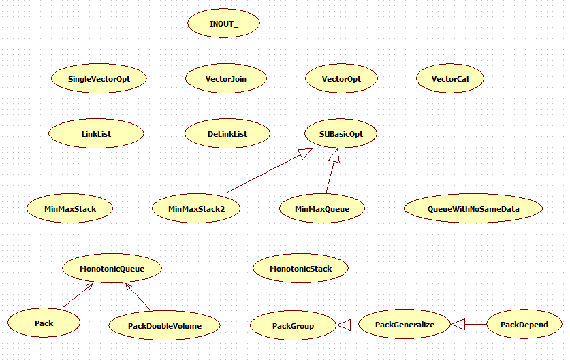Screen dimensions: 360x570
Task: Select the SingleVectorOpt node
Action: click(99, 79)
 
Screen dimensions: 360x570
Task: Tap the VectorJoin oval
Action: click(226, 79)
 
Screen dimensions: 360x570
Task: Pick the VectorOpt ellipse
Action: click(341, 79)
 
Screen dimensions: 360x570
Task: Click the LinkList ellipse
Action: click(96, 134)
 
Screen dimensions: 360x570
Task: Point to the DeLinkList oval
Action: click(227, 134)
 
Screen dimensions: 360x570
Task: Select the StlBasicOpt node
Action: click(341, 134)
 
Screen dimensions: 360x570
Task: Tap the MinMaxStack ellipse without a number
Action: click(70, 208)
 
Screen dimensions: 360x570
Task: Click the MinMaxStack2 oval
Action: click(196, 209)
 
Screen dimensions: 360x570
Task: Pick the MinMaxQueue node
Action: click(323, 209)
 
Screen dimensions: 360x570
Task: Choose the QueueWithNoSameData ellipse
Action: click(473, 209)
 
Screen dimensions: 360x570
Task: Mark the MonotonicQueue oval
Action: click(112, 269)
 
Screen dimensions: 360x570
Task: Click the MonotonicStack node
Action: click(300, 269)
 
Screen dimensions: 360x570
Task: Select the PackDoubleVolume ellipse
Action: click(164, 326)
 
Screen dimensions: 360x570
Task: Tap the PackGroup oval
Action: click(293, 326)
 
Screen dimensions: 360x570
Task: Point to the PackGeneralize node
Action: click(405, 325)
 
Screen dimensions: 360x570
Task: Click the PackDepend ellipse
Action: click(524, 325)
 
